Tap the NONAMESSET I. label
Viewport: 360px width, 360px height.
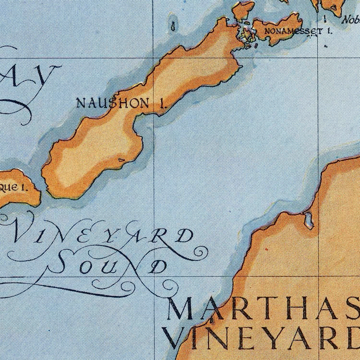298,32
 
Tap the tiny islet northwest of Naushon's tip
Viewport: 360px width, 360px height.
173,26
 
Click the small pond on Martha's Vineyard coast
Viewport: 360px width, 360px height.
309,220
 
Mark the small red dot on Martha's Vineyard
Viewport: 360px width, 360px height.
265,249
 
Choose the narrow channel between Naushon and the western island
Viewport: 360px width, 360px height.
42,188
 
